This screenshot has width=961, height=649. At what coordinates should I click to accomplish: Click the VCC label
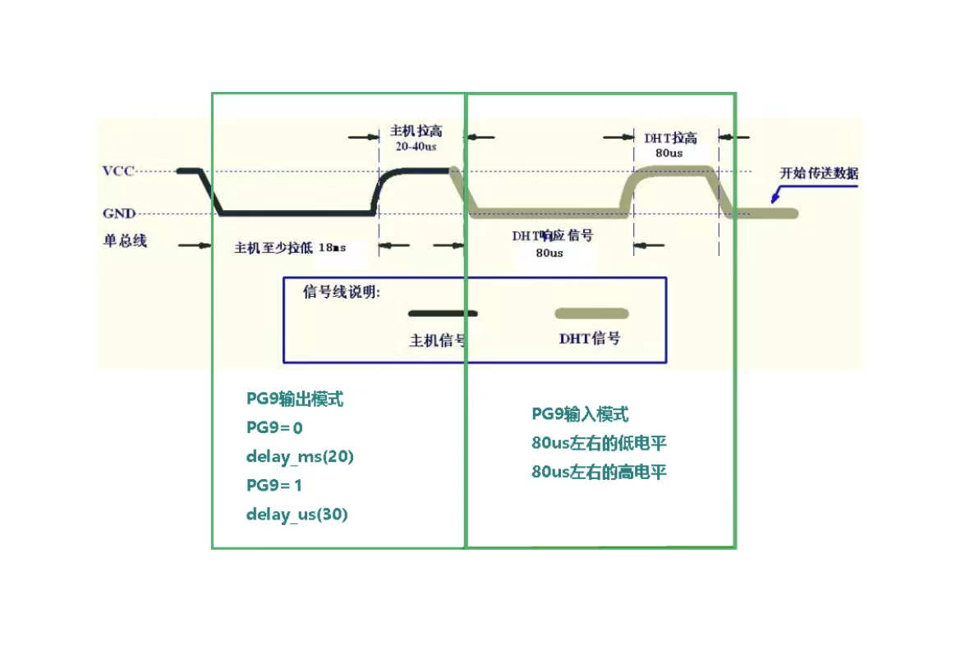click(x=117, y=171)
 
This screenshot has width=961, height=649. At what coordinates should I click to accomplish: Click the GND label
click(x=118, y=213)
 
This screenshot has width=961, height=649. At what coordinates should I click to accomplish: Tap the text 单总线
click(x=124, y=241)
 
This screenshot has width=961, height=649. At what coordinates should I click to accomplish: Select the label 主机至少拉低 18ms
click(x=289, y=248)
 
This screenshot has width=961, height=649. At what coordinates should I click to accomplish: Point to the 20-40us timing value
click(x=416, y=146)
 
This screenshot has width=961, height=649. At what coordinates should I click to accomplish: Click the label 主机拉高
click(x=416, y=131)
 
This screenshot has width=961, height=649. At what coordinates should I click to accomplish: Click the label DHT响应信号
click(x=552, y=235)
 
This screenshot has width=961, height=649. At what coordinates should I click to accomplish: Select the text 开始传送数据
click(x=819, y=173)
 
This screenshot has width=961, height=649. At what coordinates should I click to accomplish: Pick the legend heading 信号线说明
click(x=342, y=292)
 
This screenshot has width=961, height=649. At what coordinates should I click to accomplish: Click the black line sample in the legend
click(x=443, y=313)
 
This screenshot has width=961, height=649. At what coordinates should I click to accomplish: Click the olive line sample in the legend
click(x=591, y=313)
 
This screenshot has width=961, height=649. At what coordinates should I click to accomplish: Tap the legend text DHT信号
click(x=590, y=338)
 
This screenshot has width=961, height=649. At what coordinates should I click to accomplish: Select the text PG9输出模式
click(x=295, y=400)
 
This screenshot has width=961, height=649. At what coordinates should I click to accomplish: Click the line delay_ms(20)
click(x=300, y=457)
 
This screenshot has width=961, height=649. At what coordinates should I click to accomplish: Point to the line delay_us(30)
click(x=297, y=515)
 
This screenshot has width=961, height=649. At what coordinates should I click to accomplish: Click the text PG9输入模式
click(x=580, y=414)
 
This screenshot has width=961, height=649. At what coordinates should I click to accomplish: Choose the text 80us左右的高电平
click(x=599, y=473)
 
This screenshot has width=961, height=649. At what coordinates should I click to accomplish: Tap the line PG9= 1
click(x=274, y=486)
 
